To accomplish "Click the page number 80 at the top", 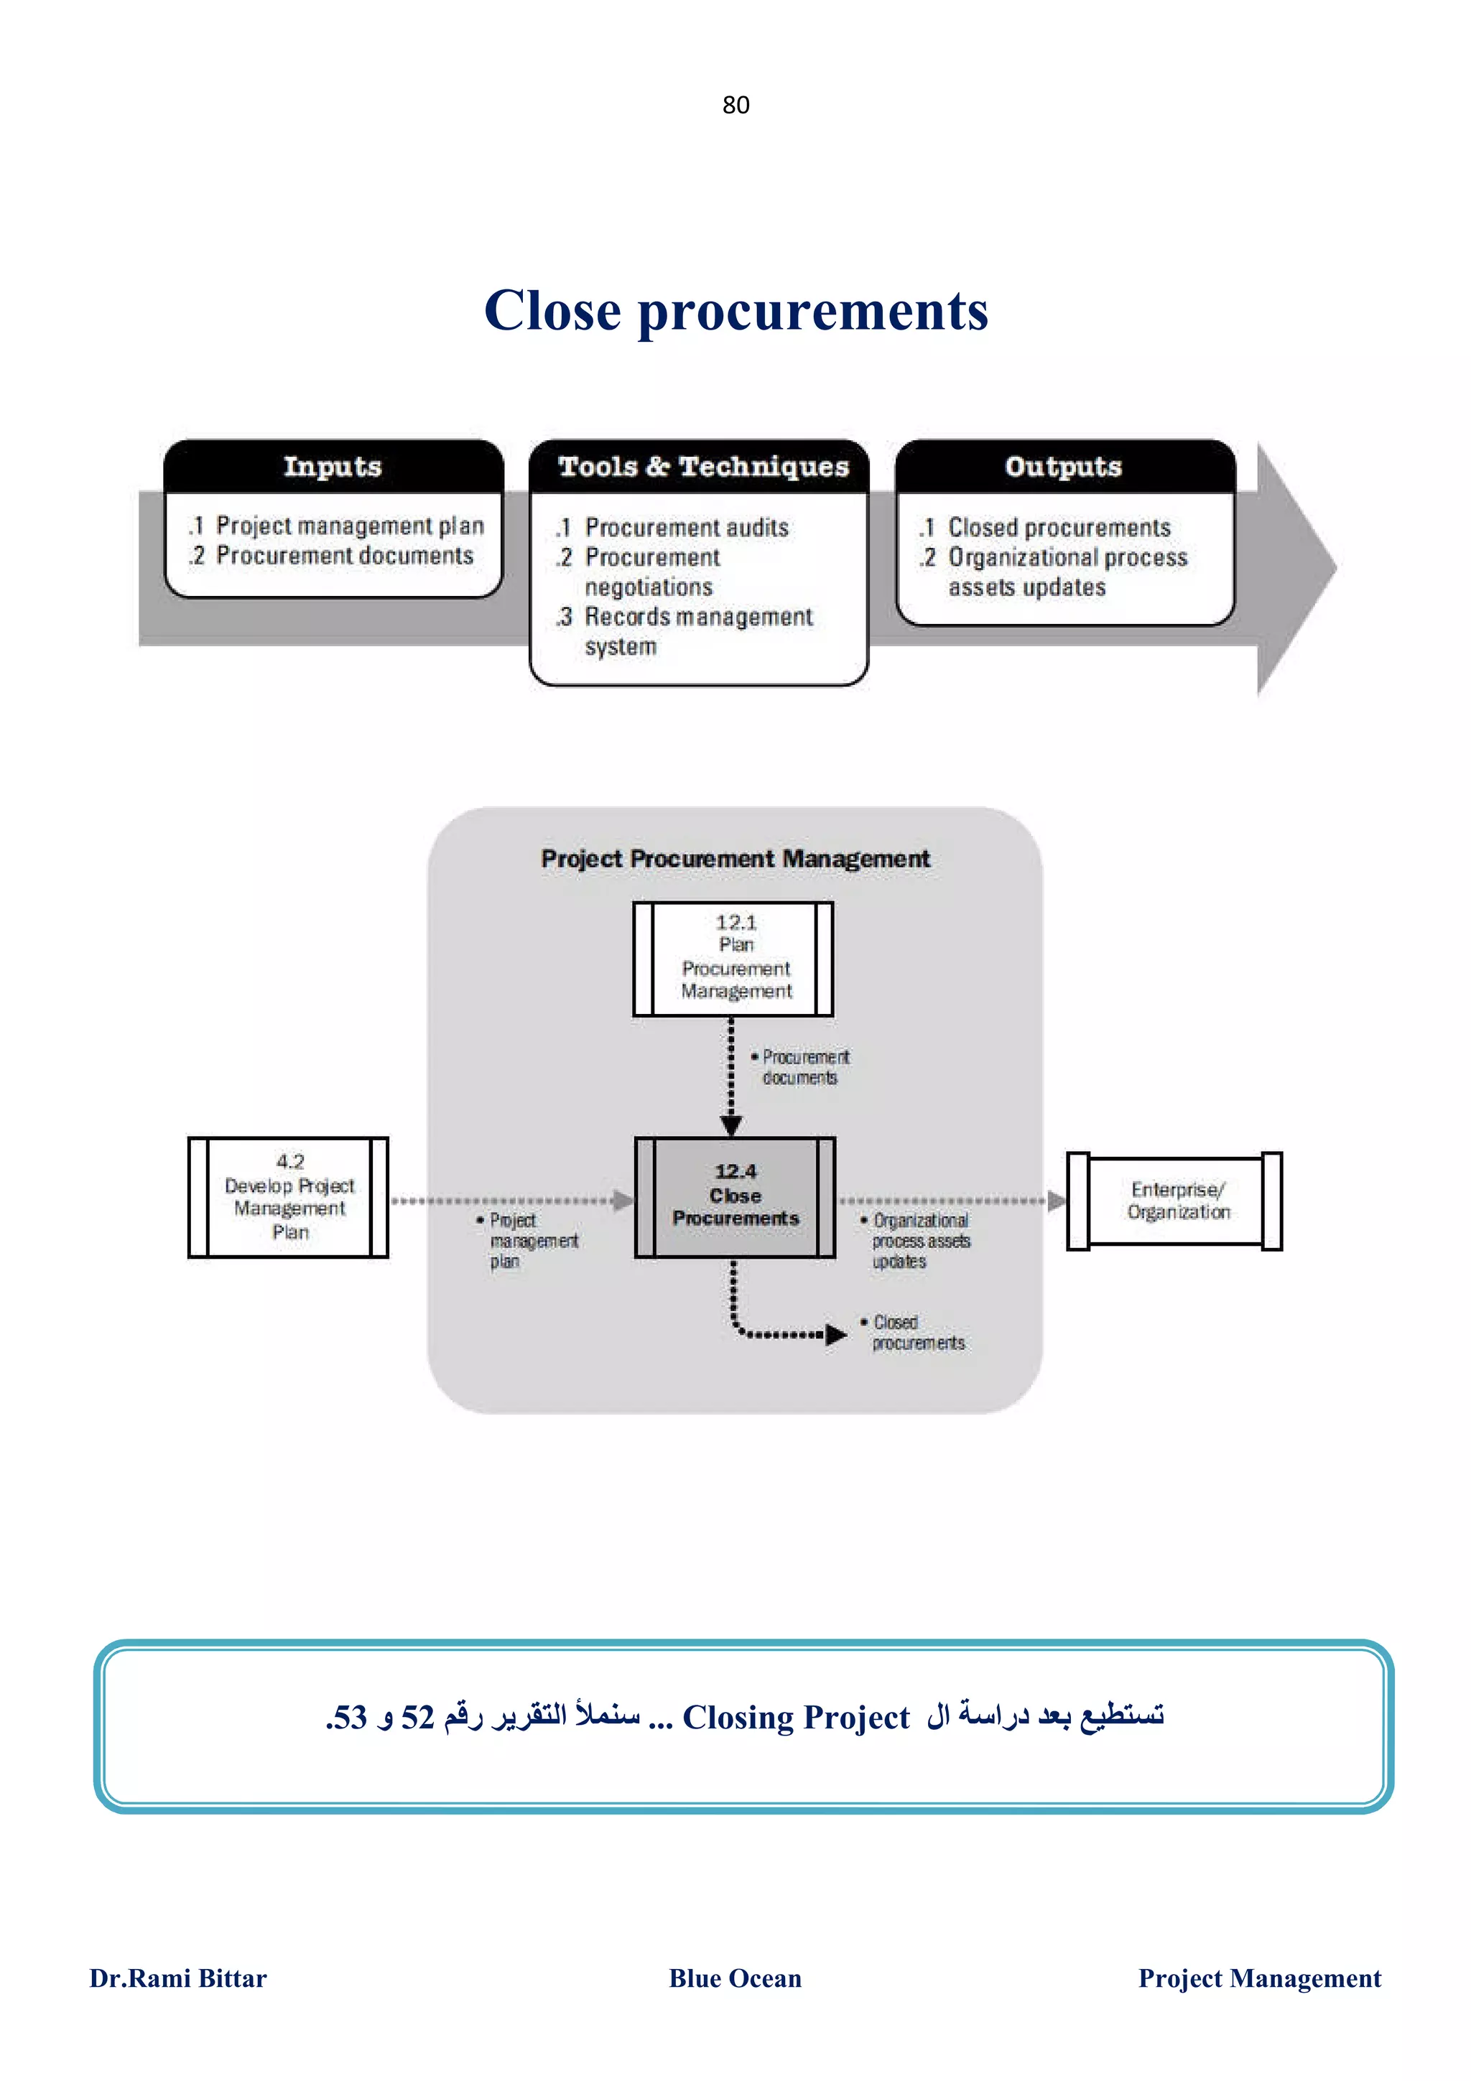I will (x=735, y=105).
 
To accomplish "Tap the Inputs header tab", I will (x=333, y=467).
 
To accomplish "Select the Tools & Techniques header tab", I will (x=702, y=467).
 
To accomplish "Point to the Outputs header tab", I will (x=1063, y=467).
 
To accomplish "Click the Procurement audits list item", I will (x=685, y=528).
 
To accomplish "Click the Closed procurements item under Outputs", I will (x=1058, y=528).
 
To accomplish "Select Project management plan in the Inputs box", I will (x=349, y=526).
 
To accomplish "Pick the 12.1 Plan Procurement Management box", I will (x=734, y=958).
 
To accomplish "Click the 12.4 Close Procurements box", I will (x=735, y=1196).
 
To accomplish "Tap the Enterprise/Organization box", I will (x=1174, y=1201).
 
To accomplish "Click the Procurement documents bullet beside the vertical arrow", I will (x=803, y=1067).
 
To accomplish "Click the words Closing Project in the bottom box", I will (x=795, y=1718).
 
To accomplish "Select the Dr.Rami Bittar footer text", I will (x=177, y=1978).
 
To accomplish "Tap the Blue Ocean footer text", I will (x=735, y=1978).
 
